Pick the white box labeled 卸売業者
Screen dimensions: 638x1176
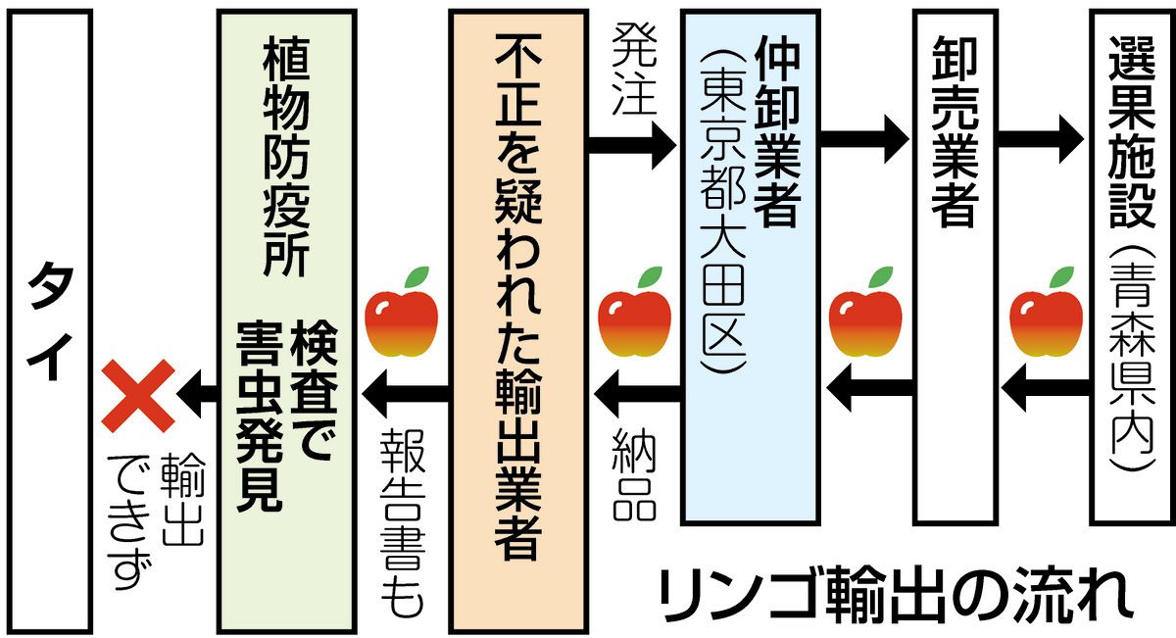coord(950,265)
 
